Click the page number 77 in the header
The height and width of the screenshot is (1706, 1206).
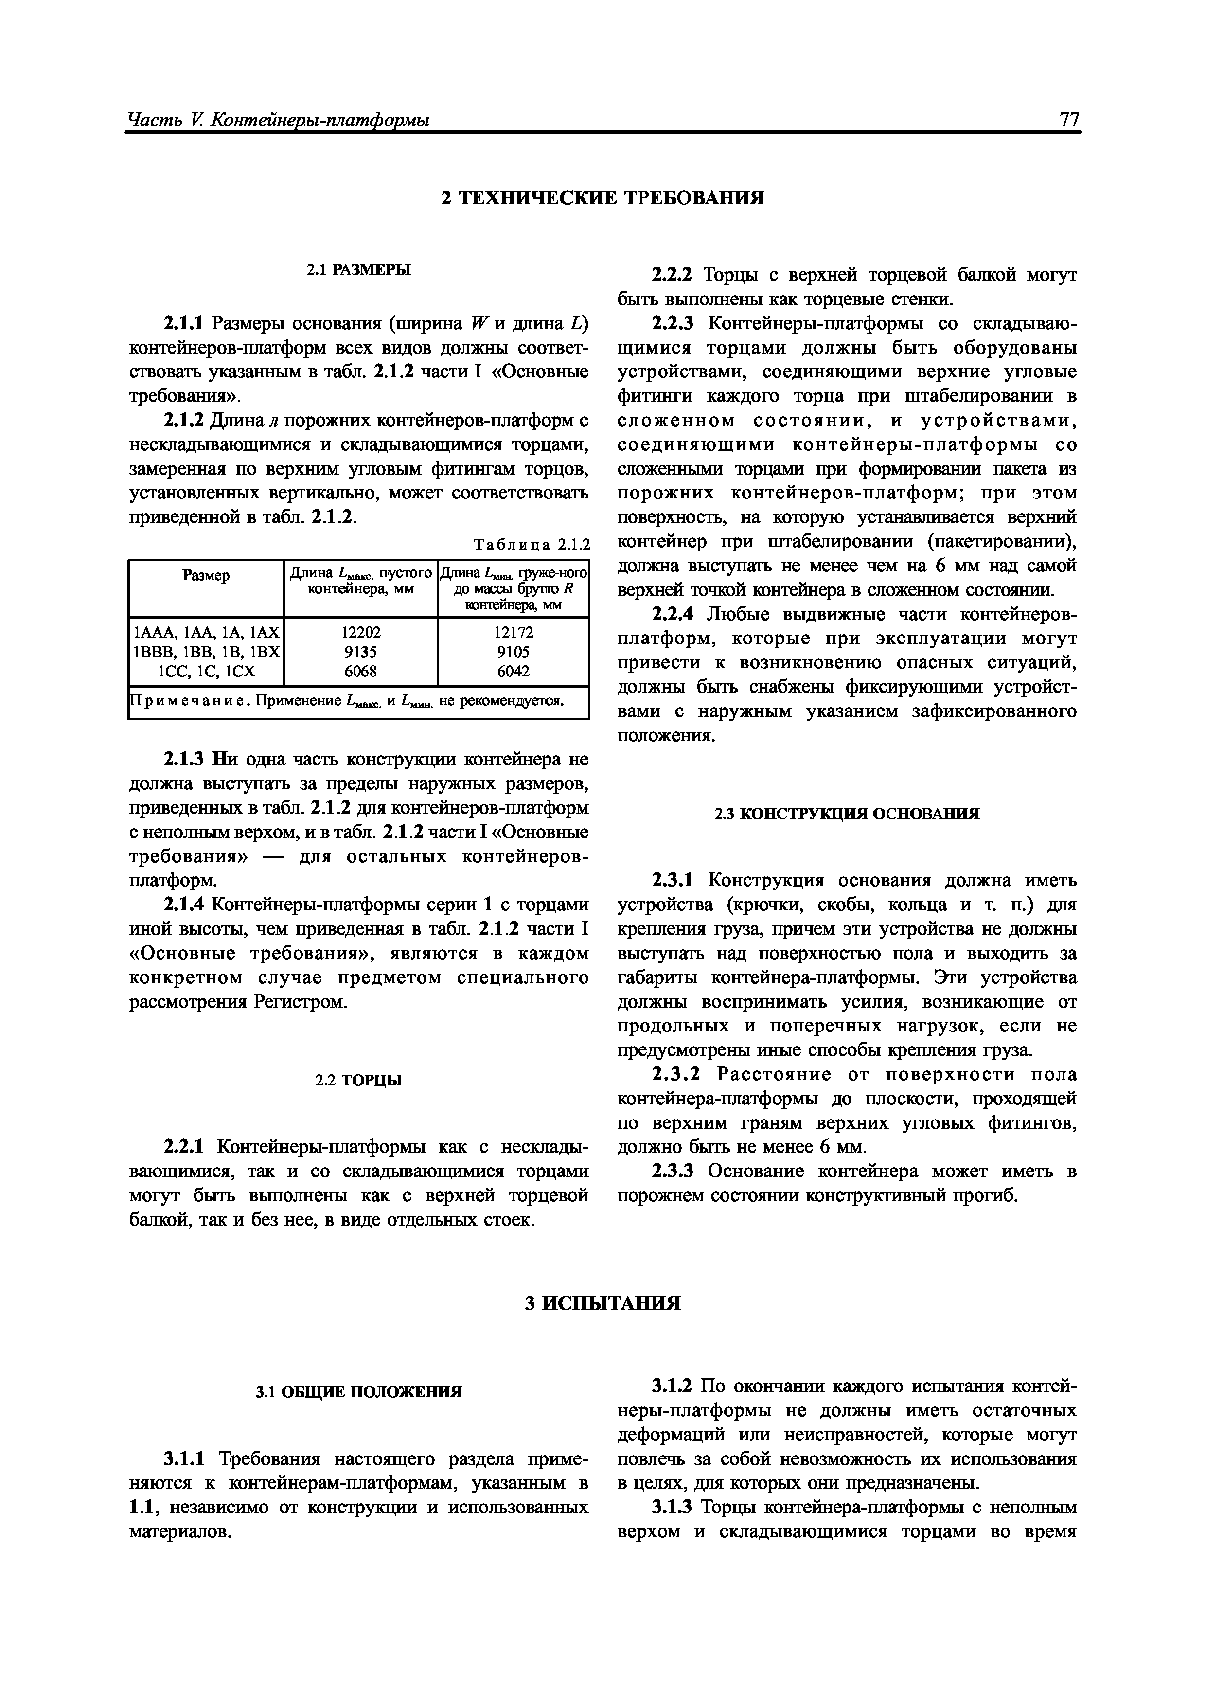click(x=1068, y=120)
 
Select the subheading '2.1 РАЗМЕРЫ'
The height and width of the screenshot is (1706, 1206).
click(x=359, y=270)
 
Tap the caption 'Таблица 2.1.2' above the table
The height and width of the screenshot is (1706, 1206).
click(x=532, y=545)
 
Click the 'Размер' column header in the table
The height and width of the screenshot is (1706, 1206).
click(x=206, y=576)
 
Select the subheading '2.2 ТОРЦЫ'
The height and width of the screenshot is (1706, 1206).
click(x=359, y=1081)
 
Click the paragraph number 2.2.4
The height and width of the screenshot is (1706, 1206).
click(x=673, y=615)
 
